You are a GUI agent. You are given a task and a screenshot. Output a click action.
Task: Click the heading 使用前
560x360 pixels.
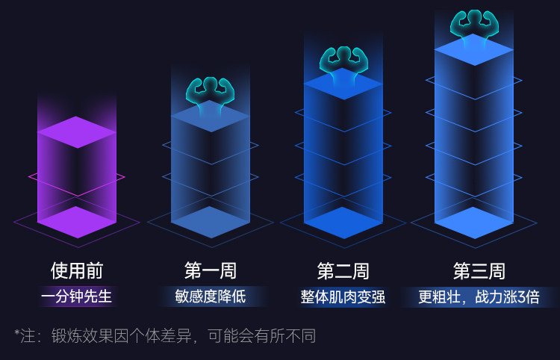pos(77,270)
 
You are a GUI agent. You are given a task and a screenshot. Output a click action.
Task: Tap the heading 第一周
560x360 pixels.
pos(210,270)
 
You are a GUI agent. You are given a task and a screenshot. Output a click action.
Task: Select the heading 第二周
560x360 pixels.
pos(343,270)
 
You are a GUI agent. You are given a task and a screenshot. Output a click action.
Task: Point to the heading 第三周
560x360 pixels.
pos(479,270)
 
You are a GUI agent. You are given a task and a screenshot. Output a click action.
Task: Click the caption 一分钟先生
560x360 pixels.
pos(77,297)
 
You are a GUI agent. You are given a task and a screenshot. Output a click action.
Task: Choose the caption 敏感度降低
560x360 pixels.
pos(210,297)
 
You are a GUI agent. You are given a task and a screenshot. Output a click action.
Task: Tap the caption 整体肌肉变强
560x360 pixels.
pos(343,297)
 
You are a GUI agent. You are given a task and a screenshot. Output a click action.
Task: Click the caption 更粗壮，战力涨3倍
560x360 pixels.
pos(479,297)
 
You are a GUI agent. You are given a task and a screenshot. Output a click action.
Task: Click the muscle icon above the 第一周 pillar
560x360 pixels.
pos(211,93)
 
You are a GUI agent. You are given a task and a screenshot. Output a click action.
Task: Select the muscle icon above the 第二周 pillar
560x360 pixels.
pos(343,62)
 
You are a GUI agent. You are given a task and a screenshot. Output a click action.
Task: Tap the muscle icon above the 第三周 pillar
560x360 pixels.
pos(474,25)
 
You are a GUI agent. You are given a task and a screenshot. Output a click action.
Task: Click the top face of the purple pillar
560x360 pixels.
pos(77,132)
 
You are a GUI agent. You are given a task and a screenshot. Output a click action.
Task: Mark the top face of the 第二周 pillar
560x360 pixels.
pos(343,84)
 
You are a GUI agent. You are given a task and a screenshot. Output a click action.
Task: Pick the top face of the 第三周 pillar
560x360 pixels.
pos(474,49)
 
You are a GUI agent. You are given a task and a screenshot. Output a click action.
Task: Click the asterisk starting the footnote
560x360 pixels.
pos(17,334)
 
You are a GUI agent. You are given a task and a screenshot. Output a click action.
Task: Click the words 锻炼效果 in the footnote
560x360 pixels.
pos(80,336)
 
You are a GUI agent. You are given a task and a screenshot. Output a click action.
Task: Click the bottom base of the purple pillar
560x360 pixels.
pos(77,222)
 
